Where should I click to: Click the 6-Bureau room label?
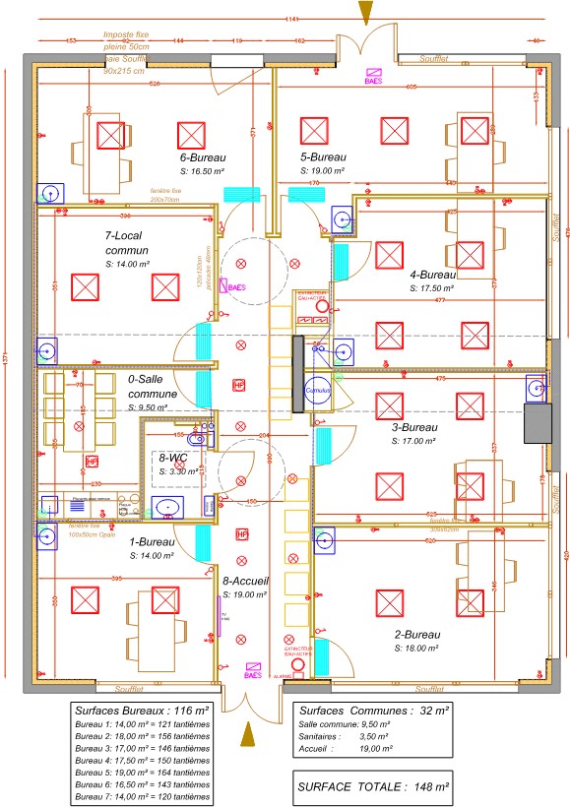(204, 156)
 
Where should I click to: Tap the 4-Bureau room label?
(434, 275)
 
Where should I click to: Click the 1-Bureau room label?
(156, 542)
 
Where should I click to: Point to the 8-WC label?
(174, 458)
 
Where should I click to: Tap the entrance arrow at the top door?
(366, 12)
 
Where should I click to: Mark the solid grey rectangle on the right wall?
(538, 424)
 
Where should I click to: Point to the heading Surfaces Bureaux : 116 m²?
(143, 709)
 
